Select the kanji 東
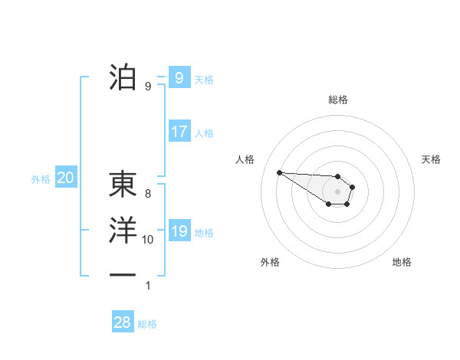123,184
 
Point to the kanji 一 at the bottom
123,273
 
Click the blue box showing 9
179,77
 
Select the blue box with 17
179,132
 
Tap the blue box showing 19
179,231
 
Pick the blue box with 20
65,178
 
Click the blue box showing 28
122,322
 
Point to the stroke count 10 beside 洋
148,240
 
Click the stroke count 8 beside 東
148,194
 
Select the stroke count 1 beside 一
148,286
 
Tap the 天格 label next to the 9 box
204,79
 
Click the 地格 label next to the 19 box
204,233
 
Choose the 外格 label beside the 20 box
41,180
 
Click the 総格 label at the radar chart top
337,100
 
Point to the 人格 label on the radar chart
245,159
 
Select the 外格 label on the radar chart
270,262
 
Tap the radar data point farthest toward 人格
279,172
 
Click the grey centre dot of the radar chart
337,191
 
